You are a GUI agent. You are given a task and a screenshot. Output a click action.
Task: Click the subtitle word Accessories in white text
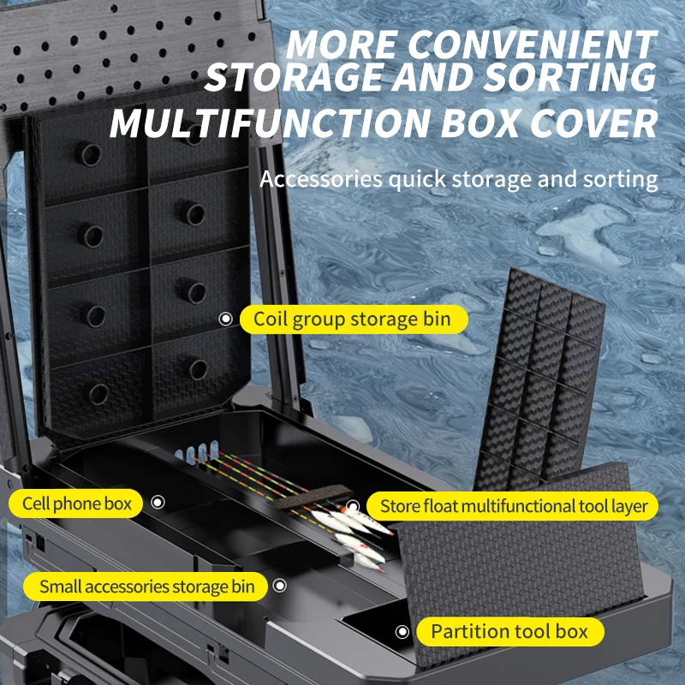point(320,180)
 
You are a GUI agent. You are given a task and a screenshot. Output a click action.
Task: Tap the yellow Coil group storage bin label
point(354,319)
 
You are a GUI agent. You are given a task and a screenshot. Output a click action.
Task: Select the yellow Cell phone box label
point(77,503)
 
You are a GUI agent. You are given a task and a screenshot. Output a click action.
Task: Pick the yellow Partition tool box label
point(509,632)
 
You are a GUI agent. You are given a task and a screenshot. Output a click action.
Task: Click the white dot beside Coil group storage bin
point(226,319)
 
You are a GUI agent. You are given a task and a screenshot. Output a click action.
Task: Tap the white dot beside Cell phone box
point(158,503)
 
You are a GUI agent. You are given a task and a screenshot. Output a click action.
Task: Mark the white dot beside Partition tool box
point(402,632)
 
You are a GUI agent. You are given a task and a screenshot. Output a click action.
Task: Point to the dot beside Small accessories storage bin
point(279,587)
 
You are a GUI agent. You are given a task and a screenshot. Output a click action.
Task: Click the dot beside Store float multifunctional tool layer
point(353,505)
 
